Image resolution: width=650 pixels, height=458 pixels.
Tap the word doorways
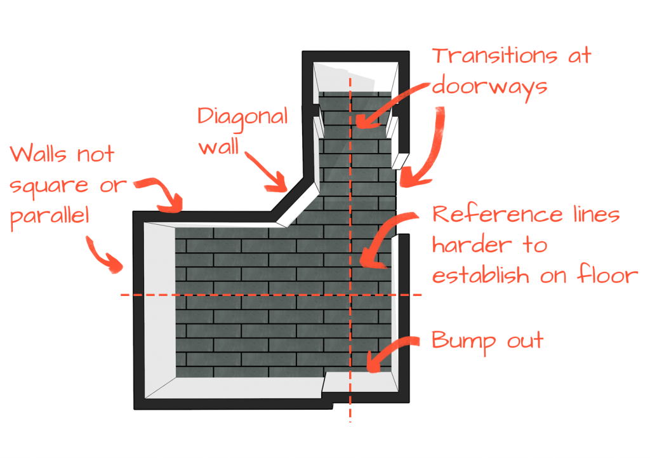(489, 86)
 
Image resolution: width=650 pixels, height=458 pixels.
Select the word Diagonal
(242, 116)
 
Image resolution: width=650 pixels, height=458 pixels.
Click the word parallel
(50, 215)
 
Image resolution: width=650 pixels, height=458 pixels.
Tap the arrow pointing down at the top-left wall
(162, 194)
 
